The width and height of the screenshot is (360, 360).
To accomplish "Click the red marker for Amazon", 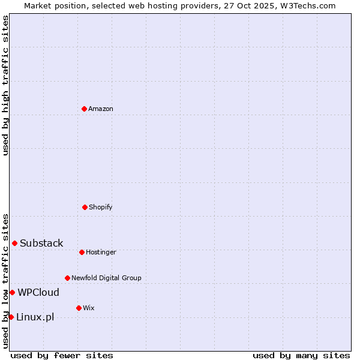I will pos(84,109).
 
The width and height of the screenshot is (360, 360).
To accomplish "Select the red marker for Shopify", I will pos(85,207).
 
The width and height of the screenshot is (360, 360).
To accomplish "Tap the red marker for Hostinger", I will pos(82,252).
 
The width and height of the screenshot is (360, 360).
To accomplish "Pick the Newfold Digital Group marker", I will pos(67,278).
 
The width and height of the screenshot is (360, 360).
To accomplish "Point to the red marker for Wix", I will pos(79,308).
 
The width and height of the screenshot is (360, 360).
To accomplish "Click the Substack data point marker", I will pos(14,243).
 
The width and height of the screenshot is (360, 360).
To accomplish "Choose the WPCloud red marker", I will pos(12,292).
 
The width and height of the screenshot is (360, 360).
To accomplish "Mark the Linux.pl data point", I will pos(11,317).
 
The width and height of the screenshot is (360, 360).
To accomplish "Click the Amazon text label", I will pos(101,109).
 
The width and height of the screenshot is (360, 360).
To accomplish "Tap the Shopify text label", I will pos(101,207).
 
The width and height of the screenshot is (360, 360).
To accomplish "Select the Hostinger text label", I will pos(101,252).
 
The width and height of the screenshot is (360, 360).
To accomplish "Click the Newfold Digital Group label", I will pos(106,278).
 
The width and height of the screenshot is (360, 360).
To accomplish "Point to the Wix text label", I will pos(89,308).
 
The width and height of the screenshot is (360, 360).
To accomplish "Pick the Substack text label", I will pos(41,243).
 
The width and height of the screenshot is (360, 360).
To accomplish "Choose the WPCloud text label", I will pos(38,292).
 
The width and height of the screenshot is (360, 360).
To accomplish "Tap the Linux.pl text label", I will pos(35,317).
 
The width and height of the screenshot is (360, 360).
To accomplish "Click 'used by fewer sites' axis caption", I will pos(62,355).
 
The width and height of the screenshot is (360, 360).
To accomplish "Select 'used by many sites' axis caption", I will pos(301,355).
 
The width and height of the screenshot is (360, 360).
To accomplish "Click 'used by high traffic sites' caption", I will pos(5,85).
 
